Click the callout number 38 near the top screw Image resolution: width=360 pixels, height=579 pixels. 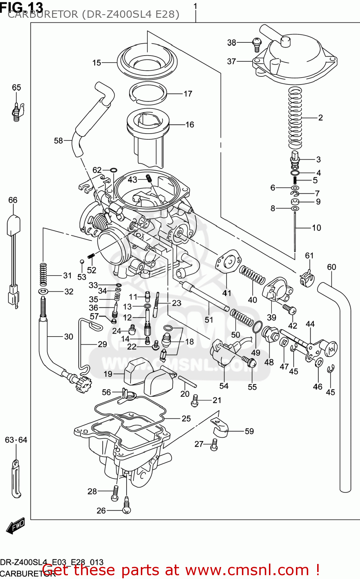point(231,42)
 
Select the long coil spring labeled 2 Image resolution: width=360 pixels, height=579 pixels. point(296,118)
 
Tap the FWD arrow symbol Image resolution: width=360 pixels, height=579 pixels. point(15,525)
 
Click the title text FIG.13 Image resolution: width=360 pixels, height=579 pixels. point(22,7)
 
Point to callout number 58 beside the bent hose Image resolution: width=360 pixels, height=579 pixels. point(58,141)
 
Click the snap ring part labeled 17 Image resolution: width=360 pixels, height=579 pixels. point(147,94)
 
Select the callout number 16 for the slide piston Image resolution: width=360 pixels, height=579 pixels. point(189,125)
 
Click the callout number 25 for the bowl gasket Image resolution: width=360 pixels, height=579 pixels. point(186,418)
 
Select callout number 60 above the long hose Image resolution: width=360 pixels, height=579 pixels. point(331,267)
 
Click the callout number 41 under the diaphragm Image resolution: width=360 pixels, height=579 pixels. point(226,293)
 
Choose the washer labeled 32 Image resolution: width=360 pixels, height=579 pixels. point(44,291)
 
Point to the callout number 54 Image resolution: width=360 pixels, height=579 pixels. point(224,386)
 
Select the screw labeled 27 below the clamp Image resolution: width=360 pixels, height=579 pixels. point(214,446)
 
